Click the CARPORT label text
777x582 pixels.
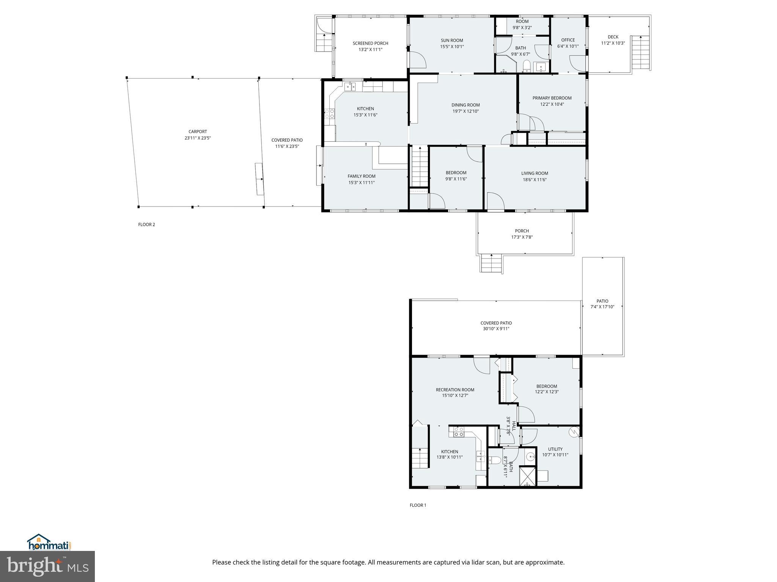198,132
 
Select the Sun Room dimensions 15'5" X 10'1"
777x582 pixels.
452,47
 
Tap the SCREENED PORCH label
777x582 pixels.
370,43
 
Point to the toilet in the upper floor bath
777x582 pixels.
526,67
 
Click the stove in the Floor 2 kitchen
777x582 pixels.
330,114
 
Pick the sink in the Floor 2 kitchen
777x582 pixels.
350,87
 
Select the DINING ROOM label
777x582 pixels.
466,105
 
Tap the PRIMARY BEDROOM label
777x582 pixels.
552,98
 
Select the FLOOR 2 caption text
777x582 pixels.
146,225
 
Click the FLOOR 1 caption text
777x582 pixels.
418,505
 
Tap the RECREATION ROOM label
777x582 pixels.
455,390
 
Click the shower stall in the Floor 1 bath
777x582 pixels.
528,477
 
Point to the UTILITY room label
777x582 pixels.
555,449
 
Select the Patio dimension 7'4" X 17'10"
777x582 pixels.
602,307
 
